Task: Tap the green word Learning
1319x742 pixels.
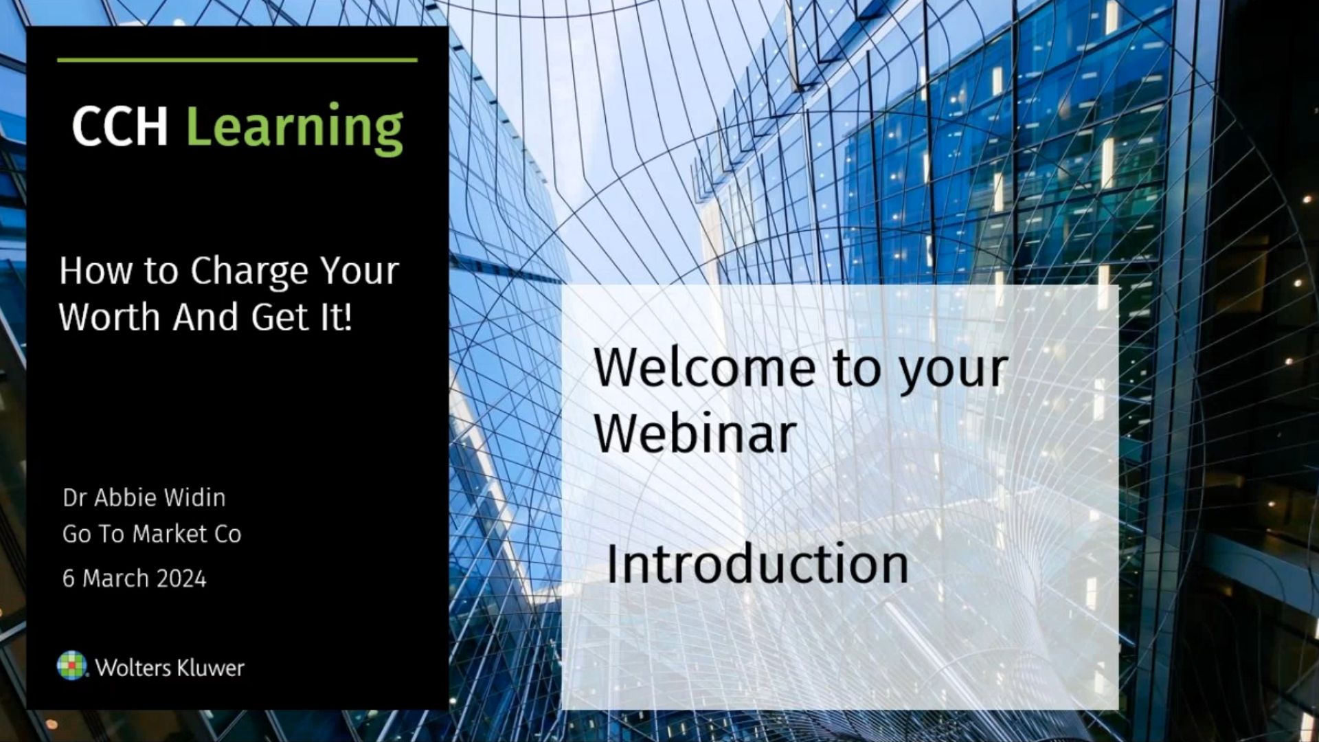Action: (x=295, y=128)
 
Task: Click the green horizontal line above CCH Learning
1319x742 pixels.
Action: (x=237, y=60)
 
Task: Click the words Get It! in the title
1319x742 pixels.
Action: (x=302, y=317)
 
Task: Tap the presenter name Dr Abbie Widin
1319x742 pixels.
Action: (x=144, y=497)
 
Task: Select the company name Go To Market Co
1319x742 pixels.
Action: (x=152, y=534)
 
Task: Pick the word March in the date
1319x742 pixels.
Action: (x=115, y=578)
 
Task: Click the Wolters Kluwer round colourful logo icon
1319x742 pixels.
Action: (x=72, y=666)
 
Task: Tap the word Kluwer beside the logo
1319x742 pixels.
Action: (x=211, y=668)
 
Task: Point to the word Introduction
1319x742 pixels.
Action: (x=757, y=563)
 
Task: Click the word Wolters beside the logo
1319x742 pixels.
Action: (x=133, y=668)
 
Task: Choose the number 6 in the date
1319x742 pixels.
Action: (x=68, y=578)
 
